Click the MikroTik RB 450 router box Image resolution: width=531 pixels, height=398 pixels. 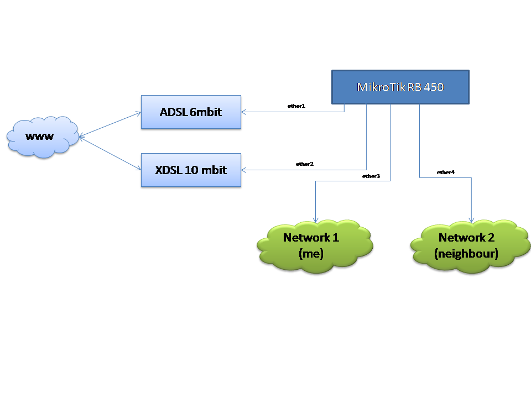[400, 87]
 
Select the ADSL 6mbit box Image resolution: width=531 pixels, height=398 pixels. [191, 112]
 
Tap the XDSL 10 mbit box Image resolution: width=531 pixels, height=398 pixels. [191, 170]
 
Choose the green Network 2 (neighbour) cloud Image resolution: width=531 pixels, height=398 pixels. [469, 245]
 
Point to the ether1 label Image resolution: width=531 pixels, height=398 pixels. [296, 106]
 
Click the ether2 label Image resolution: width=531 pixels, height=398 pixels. [304, 164]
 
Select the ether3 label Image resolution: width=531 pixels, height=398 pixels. [371, 176]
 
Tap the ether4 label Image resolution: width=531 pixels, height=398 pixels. [445, 172]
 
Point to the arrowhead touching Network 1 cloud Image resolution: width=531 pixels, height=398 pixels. [315, 219]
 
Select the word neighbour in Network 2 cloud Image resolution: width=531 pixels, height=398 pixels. [466, 254]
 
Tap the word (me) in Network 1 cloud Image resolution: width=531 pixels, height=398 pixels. [311, 254]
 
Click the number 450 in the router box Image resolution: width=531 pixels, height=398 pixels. [433, 87]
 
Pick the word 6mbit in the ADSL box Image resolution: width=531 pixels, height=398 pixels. [206, 112]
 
